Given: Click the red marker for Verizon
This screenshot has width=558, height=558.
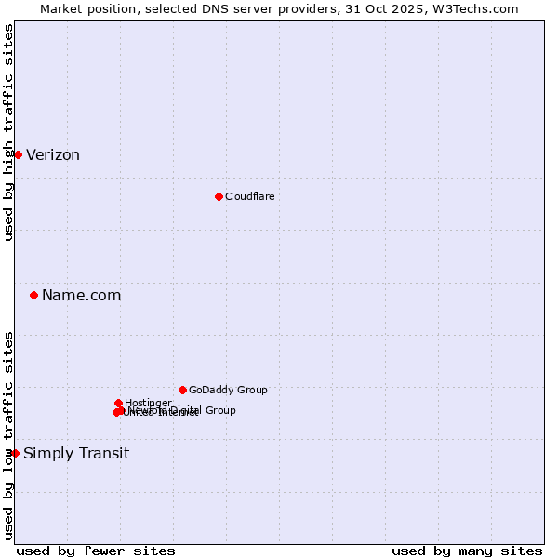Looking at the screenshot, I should coord(18,154).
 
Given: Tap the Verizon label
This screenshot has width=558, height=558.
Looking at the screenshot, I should coord(53,155).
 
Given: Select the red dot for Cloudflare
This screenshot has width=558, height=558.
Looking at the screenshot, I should coord(219,196).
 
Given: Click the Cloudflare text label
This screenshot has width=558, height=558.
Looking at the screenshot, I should coord(249,196).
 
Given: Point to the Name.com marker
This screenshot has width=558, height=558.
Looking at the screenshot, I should coord(34,296).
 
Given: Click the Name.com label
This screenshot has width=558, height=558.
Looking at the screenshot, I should coord(81,296).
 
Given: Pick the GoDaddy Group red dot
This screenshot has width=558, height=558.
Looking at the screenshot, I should coord(182,391).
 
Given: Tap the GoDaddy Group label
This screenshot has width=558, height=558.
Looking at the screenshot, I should coord(228,391).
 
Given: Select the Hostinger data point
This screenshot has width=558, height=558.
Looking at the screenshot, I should coord(118,404).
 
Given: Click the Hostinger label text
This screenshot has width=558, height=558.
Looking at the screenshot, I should coord(148,403).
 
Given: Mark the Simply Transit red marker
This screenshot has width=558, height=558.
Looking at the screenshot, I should coord(15,454).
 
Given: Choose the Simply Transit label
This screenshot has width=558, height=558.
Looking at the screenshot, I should coord(76,454).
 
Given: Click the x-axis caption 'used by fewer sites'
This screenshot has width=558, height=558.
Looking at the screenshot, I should coord(96,551).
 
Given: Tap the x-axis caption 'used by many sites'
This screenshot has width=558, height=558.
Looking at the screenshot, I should coord(467,551).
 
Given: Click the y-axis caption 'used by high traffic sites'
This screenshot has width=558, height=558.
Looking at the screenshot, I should coord(9,132).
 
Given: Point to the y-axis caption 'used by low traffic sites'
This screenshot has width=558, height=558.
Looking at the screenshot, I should coord(9,435).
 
